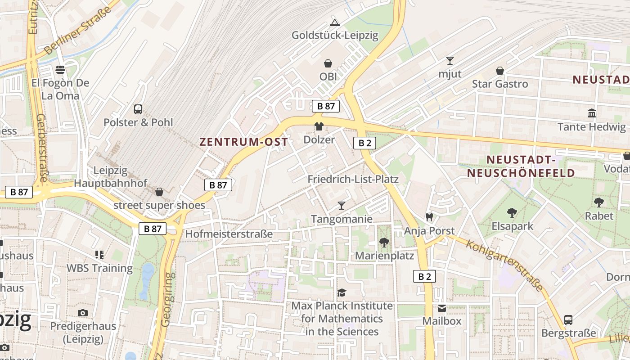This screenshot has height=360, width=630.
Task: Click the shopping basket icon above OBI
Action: [x=328, y=64]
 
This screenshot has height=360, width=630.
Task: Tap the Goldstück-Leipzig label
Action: [x=335, y=35]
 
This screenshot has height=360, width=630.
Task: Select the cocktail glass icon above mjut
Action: [x=450, y=61]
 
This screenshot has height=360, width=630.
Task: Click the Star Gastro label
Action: [x=499, y=84]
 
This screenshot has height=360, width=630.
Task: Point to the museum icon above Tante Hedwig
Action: [x=592, y=113]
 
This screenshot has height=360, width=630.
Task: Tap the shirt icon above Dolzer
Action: [x=319, y=126]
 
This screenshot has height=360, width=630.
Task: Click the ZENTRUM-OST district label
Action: [x=243, y=142]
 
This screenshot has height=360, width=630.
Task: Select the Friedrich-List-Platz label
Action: [x=353, y=179]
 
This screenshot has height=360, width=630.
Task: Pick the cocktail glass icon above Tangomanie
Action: [x=342, y=206]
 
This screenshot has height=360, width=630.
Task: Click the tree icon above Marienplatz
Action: [x=384, y=243]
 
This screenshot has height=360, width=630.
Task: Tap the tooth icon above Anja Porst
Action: [x=429, y=217]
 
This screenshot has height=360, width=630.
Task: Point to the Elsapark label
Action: [x=512, y=226]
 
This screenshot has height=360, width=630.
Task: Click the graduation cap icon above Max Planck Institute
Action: [x=342, y=293]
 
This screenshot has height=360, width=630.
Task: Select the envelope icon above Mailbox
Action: [x=442, y=308]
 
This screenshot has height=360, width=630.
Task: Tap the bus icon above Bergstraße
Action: [x=568, y=320]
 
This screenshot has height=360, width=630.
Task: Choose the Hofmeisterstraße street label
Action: [x=229, y=234]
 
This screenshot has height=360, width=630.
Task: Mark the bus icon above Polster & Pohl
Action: [x=138, y=109]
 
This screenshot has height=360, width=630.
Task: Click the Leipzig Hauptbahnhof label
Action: [x=111, y=177]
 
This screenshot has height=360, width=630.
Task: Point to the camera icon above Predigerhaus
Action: [x=83, y=313]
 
